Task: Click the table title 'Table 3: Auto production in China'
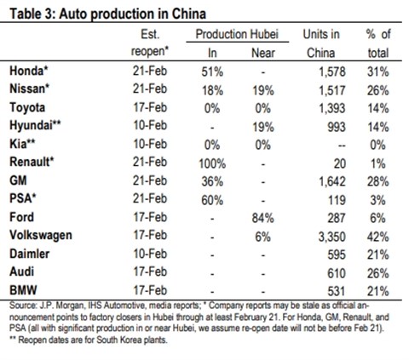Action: click(107, 14)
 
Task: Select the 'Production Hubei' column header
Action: click(237, 34)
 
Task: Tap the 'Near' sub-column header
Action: click(263, 53)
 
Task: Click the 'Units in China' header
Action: click(321, 43)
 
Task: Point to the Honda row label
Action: click(28, 71)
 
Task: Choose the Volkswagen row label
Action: click(41, 236)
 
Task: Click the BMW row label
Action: click(23, 290)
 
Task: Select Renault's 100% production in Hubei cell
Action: click(212, 163)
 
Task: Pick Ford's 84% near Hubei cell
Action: click(263, 218)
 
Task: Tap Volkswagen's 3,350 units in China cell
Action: click(331, 237)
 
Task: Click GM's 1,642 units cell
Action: click(332, 182)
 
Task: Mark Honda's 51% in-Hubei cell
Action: click(212, 72)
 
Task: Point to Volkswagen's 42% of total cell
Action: click(377, 237)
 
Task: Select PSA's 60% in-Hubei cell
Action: click(212, 200)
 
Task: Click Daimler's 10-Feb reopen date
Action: click(150, 254)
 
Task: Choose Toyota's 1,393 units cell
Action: click(332, 109)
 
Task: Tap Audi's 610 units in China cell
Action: click(337, 273)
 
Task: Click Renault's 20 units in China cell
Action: click(340, 163)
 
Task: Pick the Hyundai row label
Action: click(35, 125)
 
